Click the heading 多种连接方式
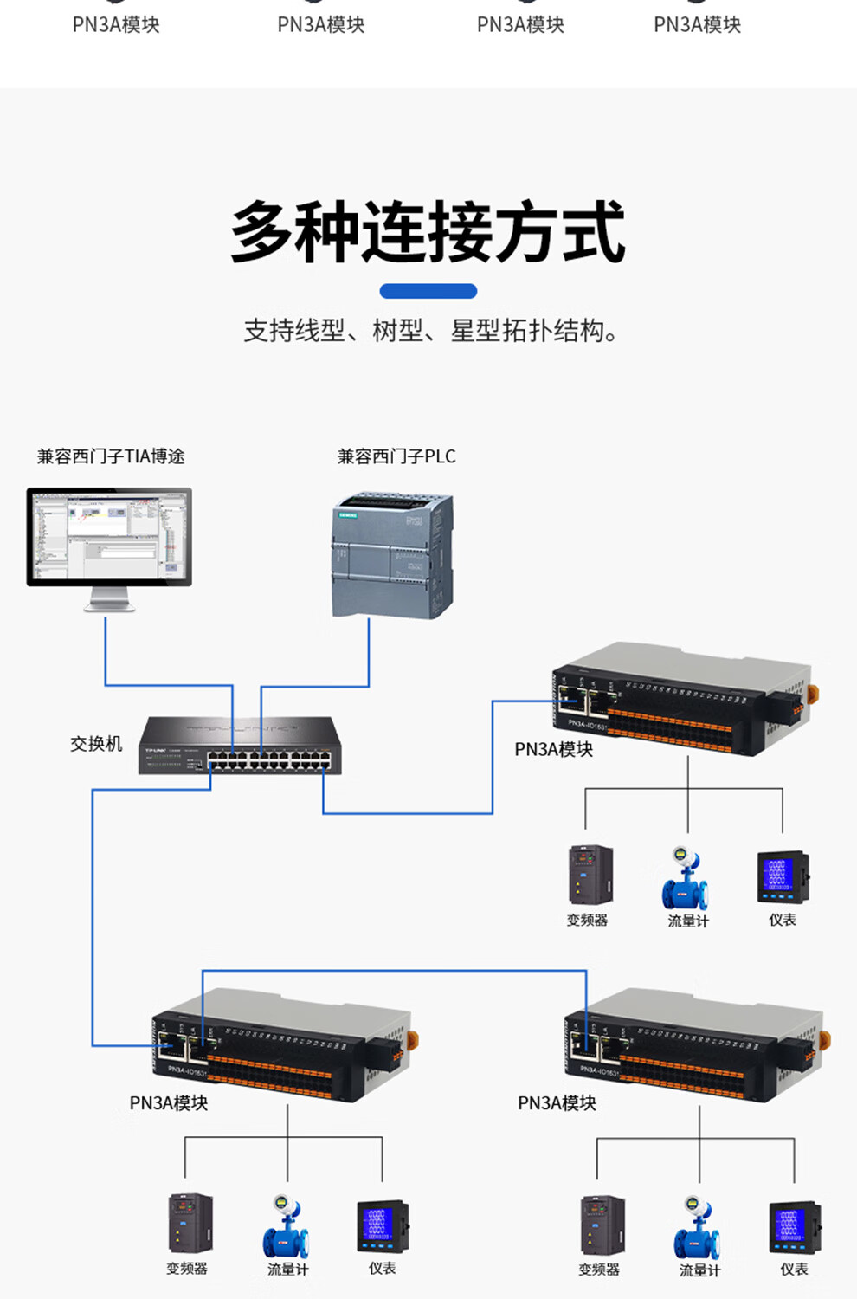(x=428, y=231)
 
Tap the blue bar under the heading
(x=428, y=291)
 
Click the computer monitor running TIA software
(x=109, y=538)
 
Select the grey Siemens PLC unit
(x=392, y=555)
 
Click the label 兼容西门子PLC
(x=396, y=456)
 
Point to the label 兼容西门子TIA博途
(x=111, y=456)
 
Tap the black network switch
(x=240, y=746)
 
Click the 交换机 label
(x=96, y=744)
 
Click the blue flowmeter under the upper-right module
(x=686, y=879)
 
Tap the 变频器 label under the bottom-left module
(x=187, y=1269)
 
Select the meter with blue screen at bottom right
(x=794, y=1227)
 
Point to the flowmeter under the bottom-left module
(x=286, y=1227)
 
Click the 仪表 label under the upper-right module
(x=783, y=920)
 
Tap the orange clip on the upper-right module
(x=813, y=695)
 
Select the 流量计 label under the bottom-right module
(x=699, y=1270)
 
